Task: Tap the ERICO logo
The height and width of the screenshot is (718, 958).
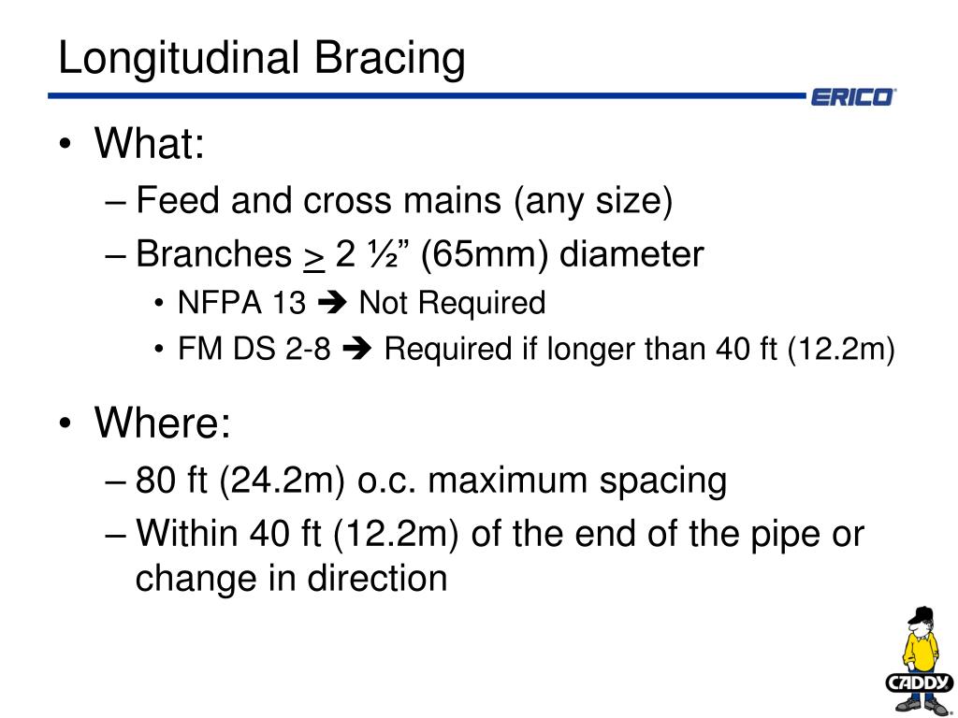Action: pos(850,97)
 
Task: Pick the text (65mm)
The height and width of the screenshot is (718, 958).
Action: pos(486,254)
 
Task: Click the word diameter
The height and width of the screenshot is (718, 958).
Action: pos(631,254)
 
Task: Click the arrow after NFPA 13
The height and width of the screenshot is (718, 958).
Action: pos(331,303)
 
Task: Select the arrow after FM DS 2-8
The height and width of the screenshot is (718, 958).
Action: pos(357,350)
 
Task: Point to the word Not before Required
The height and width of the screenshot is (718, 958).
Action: pos(380,303)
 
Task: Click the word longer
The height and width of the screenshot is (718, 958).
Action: pos(592,350)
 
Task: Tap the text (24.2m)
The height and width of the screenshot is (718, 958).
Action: pos(283,481)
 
